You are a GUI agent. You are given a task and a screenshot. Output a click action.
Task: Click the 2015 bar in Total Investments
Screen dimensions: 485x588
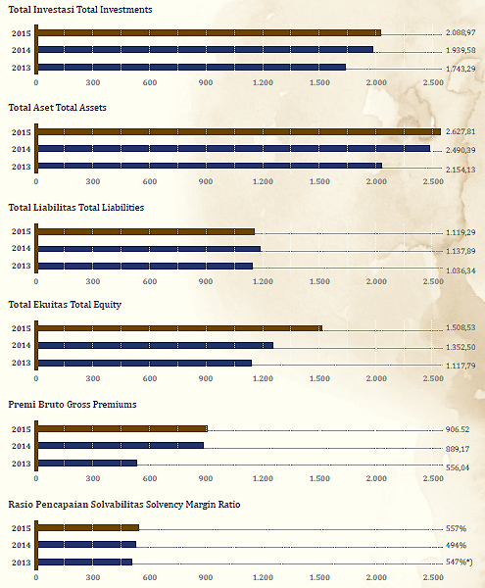click(x=210, y=32)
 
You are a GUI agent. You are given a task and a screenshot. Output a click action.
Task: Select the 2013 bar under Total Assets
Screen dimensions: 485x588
click(x=211, y=166)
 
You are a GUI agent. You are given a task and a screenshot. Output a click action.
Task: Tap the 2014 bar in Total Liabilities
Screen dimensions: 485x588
click(x=149, y=249)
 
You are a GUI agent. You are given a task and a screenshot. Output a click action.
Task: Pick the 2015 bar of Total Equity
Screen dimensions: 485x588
click(x=180, y=328)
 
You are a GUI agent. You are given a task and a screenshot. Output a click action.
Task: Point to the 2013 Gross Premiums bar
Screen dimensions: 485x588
click(x=88, y=464)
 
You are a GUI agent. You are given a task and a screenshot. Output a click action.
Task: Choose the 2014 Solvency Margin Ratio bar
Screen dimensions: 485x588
click(x=87, y=545)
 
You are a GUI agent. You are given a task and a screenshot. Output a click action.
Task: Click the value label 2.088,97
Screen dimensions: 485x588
click(x=461, y=32)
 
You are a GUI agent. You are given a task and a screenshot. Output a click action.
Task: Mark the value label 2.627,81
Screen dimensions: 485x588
click(x=461, y=131)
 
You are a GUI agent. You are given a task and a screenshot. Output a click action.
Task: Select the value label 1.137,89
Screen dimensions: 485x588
click(x=461, y=251)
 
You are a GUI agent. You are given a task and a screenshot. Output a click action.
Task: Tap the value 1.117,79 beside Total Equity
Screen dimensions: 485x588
click(x=461, y=366)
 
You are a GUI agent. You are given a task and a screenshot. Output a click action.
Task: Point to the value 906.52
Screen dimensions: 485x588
click(x=458, y=429)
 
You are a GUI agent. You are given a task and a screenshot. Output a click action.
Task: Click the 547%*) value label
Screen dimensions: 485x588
click(x=460, y=562)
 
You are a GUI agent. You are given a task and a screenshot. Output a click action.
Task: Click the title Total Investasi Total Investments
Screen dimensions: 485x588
click(x=80, y=10)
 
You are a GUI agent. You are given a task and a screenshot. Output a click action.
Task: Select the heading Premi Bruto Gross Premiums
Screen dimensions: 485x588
click(x=73, y=404)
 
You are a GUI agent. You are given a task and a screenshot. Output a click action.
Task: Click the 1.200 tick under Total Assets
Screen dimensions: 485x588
click(x=263, y=181)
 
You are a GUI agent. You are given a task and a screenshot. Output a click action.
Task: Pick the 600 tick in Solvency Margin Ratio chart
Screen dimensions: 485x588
click(x=150, y=577)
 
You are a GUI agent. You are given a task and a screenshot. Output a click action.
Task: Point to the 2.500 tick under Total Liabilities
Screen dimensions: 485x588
click(x=433, y=281)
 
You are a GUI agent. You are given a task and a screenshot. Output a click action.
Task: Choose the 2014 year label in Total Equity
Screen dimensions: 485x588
click(x=21, y=345)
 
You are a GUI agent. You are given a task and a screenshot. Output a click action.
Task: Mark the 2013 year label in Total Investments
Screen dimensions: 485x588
click(x=21, y=68)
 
